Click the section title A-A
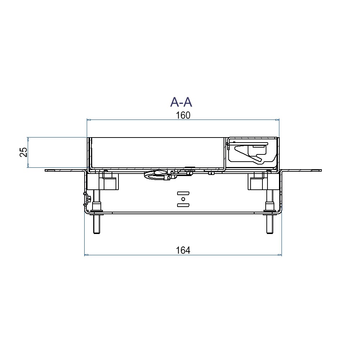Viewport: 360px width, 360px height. pos(181,102)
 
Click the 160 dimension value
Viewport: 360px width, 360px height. pos(183,115)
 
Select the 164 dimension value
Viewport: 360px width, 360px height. pos(183,250)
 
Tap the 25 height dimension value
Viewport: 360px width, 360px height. pos(24,152)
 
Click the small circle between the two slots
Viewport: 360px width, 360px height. pos(183,199)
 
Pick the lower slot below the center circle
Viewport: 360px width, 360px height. pos(183,205)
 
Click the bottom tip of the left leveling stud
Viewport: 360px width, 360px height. pos(96,234)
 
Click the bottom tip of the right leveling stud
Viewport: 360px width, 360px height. pos(270,234)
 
